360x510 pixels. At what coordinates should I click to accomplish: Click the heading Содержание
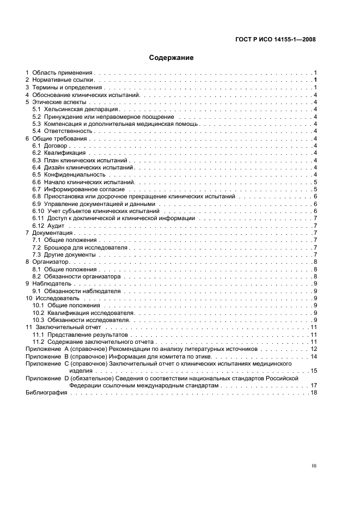(x=171, y=57)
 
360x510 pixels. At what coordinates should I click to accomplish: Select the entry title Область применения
(x=63, y=72)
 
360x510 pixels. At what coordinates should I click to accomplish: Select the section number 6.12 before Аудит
(x=38, y=226)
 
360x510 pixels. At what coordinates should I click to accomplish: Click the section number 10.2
(x=38, y=313)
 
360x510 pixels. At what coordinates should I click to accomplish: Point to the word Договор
(x=57, y=145)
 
